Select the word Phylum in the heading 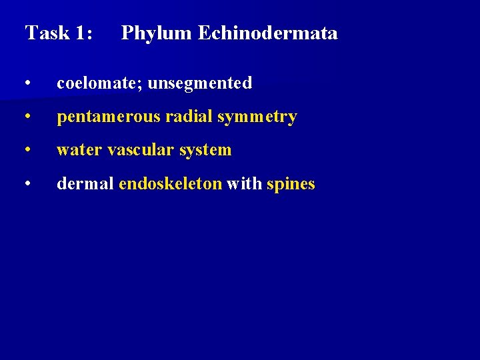[157, 33]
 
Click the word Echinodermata [268, 33]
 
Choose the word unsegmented [200, 84]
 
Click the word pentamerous [109, 117]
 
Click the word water [77, 150]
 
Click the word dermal [85, 183]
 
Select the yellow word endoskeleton [170, 183]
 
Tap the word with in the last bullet [244, 183]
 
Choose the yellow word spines [291, 185]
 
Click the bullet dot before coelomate [27, 84]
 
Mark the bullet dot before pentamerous [27, 117]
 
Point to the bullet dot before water [27, 151]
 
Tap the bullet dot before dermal [27, 184]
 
